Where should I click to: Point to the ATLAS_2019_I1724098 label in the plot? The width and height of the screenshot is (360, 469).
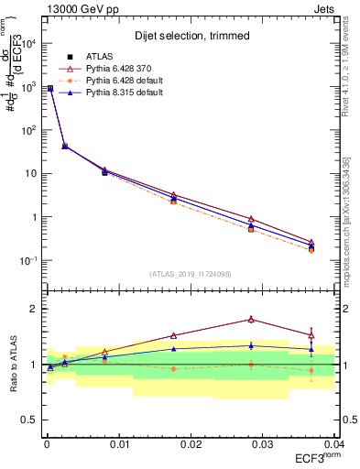tap(191, 273)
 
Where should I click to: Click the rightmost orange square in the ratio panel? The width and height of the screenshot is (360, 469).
tap(311, 370)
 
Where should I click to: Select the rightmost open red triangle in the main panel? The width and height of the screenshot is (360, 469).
tap(311, 242)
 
